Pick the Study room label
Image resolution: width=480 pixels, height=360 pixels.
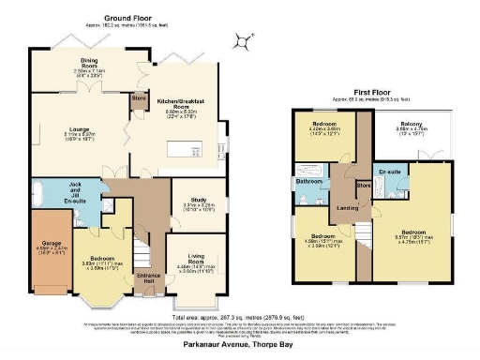[195, 198]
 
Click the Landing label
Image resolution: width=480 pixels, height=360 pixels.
[346, 208]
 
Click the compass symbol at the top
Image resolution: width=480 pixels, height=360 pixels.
[246, 39]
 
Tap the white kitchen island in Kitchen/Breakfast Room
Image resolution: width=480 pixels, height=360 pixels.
[184, 149]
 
